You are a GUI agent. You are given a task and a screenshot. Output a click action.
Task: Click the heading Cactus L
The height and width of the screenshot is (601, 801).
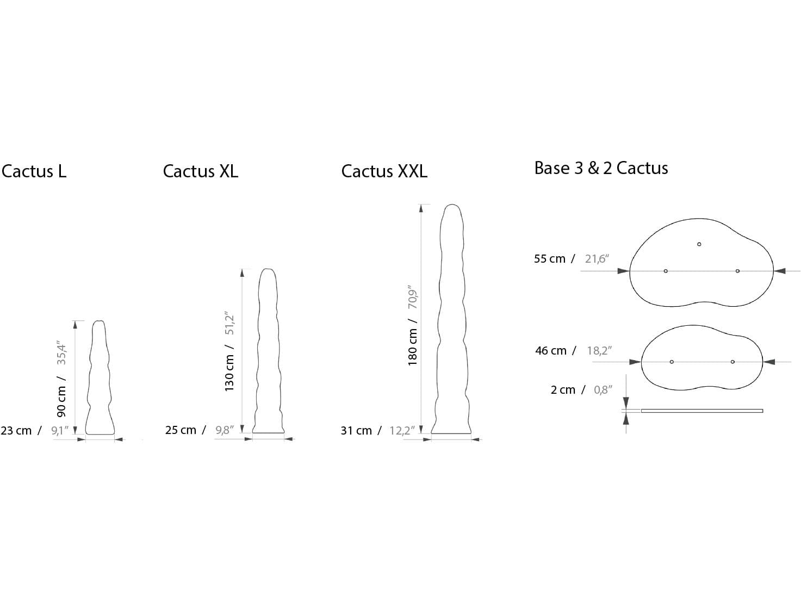[34, 171]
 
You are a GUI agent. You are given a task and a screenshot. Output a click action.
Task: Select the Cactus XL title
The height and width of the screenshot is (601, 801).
[200, 171]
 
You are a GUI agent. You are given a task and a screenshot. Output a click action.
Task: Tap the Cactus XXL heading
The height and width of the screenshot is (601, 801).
[384, 171]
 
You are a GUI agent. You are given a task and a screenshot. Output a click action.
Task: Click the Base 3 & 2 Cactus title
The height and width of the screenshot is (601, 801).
[601, 168]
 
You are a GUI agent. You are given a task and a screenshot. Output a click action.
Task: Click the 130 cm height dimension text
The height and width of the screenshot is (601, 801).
[229, 373]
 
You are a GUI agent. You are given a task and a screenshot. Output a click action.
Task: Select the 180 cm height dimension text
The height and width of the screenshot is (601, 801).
[412, 346]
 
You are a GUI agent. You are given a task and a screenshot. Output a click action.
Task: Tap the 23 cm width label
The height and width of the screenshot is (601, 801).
[16, 431]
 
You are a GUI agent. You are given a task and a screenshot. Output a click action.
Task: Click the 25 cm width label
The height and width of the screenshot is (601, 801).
[181, 430]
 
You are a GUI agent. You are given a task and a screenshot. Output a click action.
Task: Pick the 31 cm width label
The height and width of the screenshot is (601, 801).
[356, 431]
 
